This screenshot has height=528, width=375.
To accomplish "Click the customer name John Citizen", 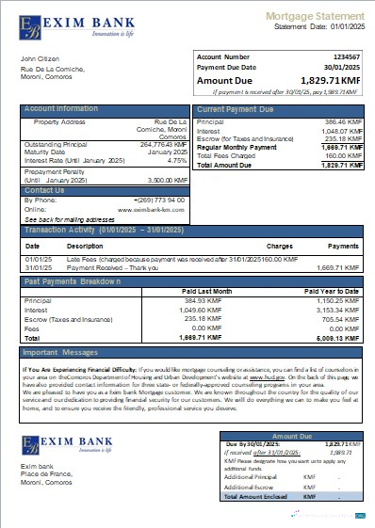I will [x=41, y=59].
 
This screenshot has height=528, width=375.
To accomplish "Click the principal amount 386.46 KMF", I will [x=342, y=122].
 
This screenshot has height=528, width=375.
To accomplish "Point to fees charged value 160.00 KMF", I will [x=340, y=156].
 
